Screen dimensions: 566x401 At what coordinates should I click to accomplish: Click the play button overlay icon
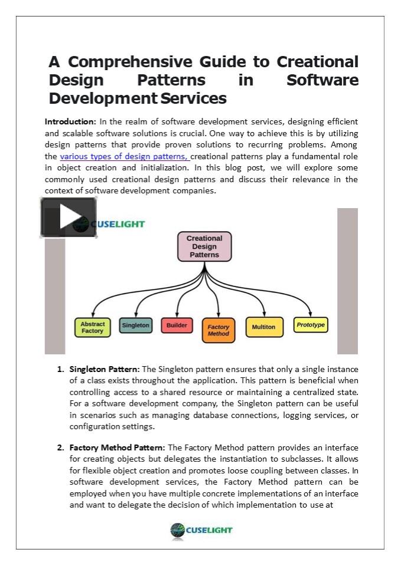[69, 217]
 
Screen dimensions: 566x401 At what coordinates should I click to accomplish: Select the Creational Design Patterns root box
[204, 246]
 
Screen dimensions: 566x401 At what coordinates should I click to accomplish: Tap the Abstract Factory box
[93, 327]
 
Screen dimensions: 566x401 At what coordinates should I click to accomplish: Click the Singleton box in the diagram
[136, 325]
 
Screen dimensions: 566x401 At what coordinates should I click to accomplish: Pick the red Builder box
[177, 325]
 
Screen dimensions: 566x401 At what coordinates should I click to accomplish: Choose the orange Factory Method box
[219, 330]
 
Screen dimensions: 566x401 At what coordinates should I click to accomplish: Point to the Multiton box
[263, 327]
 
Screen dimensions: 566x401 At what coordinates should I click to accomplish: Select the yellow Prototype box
[311, 324]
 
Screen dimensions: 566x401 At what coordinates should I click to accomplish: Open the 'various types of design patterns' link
[125, 156]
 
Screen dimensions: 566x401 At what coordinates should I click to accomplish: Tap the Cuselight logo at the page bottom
[201, 529]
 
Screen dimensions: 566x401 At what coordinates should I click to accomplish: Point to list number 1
[60, 370]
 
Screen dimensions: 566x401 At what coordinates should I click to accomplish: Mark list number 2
[60, 447]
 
